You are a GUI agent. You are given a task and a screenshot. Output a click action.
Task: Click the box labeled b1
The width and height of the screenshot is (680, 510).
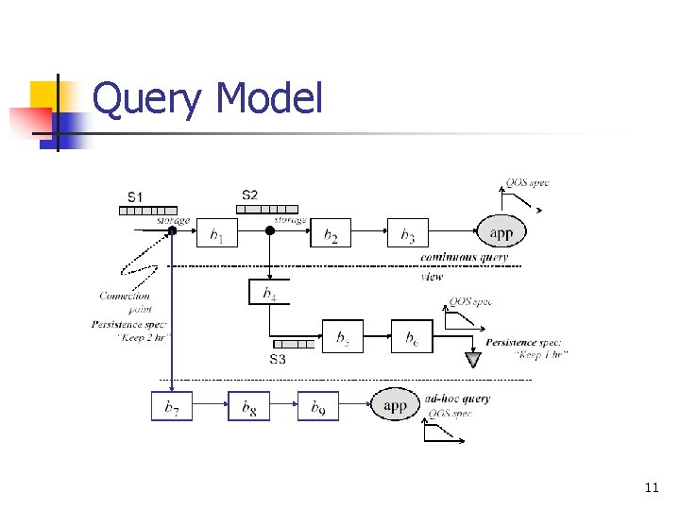tap(217, 233)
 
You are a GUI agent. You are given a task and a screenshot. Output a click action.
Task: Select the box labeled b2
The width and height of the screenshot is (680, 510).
tap(331, 233)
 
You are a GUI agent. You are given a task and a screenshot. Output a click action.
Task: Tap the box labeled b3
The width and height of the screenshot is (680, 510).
tap(407, 233)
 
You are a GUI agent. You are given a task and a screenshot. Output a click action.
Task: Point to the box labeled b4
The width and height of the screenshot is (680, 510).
tap(269, 292)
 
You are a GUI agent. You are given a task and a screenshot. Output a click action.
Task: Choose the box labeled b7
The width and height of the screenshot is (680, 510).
tap(172, 406)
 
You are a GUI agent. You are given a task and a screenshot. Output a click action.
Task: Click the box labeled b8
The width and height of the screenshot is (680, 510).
tap(248, 406)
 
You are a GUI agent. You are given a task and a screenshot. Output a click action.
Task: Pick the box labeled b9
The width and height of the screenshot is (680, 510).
tap(318, 406)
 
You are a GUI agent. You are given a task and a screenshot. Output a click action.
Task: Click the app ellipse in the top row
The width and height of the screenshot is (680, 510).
tap(501, 231)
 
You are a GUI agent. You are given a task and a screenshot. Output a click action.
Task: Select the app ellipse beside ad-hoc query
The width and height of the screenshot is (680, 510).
tap(395, 405)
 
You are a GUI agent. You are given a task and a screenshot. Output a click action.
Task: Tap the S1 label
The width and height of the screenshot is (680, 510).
tap(136, 196)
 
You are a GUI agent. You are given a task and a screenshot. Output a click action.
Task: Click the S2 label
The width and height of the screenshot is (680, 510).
tap(250, 195)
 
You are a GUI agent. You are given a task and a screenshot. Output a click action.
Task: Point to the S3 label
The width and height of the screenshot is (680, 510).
tap(278, 360)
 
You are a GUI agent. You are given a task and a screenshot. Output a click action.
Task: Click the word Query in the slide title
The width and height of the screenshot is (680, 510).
tap(146, 99)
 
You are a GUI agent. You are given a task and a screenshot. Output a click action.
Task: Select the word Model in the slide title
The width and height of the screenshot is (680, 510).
tap(269, 99)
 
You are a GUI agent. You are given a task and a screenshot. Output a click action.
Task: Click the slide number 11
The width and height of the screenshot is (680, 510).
tap(651, 487)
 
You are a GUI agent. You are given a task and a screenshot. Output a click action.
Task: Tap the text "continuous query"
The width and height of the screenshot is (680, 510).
tap(464, 257)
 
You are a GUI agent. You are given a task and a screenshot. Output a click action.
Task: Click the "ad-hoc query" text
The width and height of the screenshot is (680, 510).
tap(458, 399)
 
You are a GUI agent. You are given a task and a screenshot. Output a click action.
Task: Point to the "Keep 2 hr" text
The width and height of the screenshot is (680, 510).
tap(144, 336)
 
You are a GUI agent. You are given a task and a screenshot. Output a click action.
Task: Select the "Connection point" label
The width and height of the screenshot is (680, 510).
tap(125, 302)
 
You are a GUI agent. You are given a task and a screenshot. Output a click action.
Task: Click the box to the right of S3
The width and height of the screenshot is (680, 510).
tap(343, 337)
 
